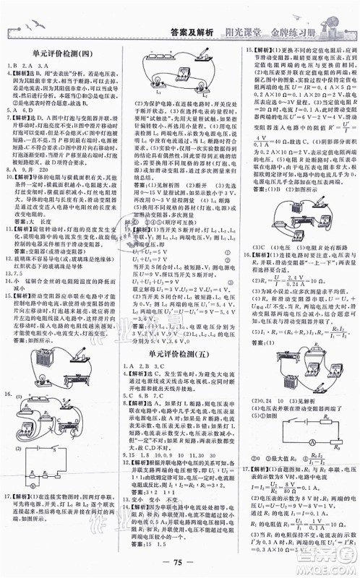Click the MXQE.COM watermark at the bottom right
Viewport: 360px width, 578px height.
[x=329, y=569]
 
